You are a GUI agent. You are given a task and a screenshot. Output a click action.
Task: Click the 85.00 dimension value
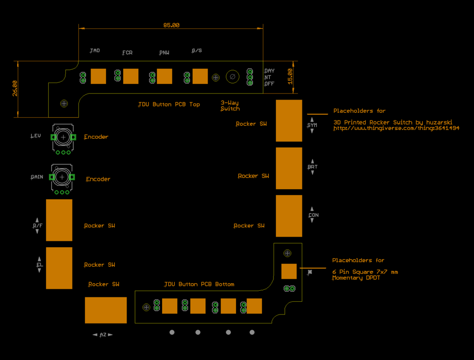(171, 25)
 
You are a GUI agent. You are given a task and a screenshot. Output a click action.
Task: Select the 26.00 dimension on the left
(15, 88)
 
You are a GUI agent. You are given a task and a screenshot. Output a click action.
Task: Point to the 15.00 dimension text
(290, 76)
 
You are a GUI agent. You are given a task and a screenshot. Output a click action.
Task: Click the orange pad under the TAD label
(98, 76)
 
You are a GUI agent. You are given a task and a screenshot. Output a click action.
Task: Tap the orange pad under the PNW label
(164, 76)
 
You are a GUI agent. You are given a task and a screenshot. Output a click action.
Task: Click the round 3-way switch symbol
(232, 76)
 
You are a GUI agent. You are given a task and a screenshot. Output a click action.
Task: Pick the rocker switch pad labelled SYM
(289, 120)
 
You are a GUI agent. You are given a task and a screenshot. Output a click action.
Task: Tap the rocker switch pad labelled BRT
(289, 168)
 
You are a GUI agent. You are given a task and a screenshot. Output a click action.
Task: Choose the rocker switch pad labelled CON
(289, 216)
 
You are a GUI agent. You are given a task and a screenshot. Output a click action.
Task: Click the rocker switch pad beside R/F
(59, 220)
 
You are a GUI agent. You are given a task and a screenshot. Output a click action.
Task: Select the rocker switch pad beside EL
(59, 268)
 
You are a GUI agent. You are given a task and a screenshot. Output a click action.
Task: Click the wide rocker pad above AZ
(106, 310)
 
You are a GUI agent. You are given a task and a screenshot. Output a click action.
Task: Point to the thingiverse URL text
(396, 128)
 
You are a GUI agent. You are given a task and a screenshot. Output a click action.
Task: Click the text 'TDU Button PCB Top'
(169, 104)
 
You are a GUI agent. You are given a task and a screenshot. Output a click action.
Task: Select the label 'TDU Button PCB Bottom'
(199, 284)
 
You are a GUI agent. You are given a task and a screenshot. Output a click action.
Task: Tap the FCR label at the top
(127, 53)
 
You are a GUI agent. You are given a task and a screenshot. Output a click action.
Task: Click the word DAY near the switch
(269, 71)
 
